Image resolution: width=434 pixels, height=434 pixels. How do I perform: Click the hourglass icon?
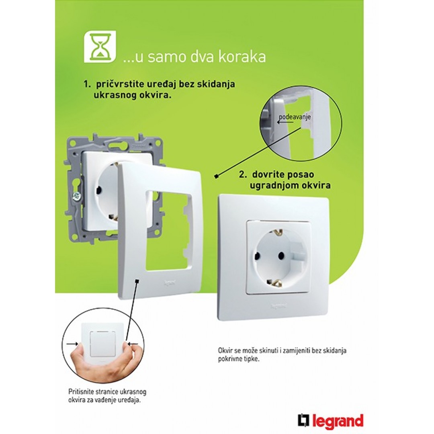tap(100, 47)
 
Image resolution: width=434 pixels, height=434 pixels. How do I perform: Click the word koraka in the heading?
tap(242, 57)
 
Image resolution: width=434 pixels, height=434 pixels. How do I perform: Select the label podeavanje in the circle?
tap(295, 117)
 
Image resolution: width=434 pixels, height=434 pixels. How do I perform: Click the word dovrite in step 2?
tap(269, 174)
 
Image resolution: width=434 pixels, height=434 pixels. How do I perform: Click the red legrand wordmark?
tap(338, 421)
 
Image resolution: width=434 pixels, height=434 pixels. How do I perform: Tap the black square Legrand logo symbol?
tap(304, 420)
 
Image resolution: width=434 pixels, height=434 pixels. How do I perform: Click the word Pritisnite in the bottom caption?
tap(81, 392)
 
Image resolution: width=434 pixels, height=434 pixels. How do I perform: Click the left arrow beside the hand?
tap(72, 344)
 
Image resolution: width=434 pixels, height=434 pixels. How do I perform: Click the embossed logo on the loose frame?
tap(170, 283)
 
